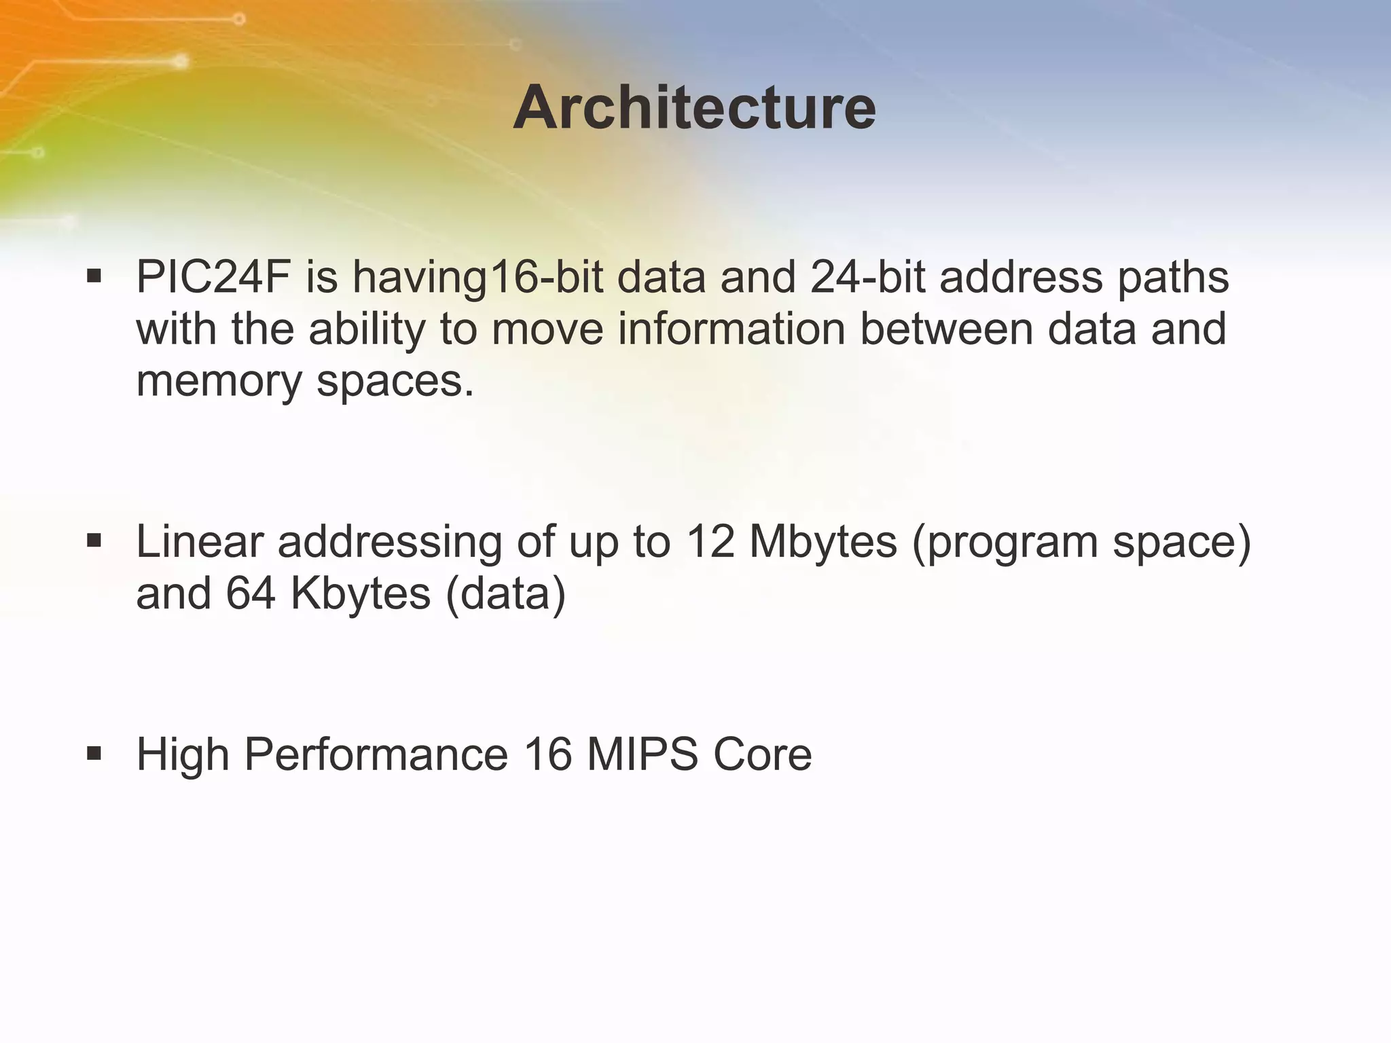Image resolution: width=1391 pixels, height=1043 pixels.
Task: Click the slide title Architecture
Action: [694, 109]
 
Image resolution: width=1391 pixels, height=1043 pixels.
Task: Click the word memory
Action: [219, 382]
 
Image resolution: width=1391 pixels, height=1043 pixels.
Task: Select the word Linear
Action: [200, 542]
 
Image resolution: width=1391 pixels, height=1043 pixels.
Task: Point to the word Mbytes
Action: [823, 542]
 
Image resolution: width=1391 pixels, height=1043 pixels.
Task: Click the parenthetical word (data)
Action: [505, 593]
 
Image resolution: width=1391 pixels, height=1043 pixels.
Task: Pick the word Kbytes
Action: [360, 593]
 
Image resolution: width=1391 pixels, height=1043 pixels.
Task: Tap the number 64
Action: [251, 593]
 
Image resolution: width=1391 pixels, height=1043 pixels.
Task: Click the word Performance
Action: [376, 754]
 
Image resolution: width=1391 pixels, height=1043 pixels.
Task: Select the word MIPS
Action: [642, 754]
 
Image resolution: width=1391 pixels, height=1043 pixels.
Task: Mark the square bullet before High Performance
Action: [94, 753]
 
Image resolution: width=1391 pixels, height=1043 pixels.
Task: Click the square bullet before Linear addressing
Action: [94, 541]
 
